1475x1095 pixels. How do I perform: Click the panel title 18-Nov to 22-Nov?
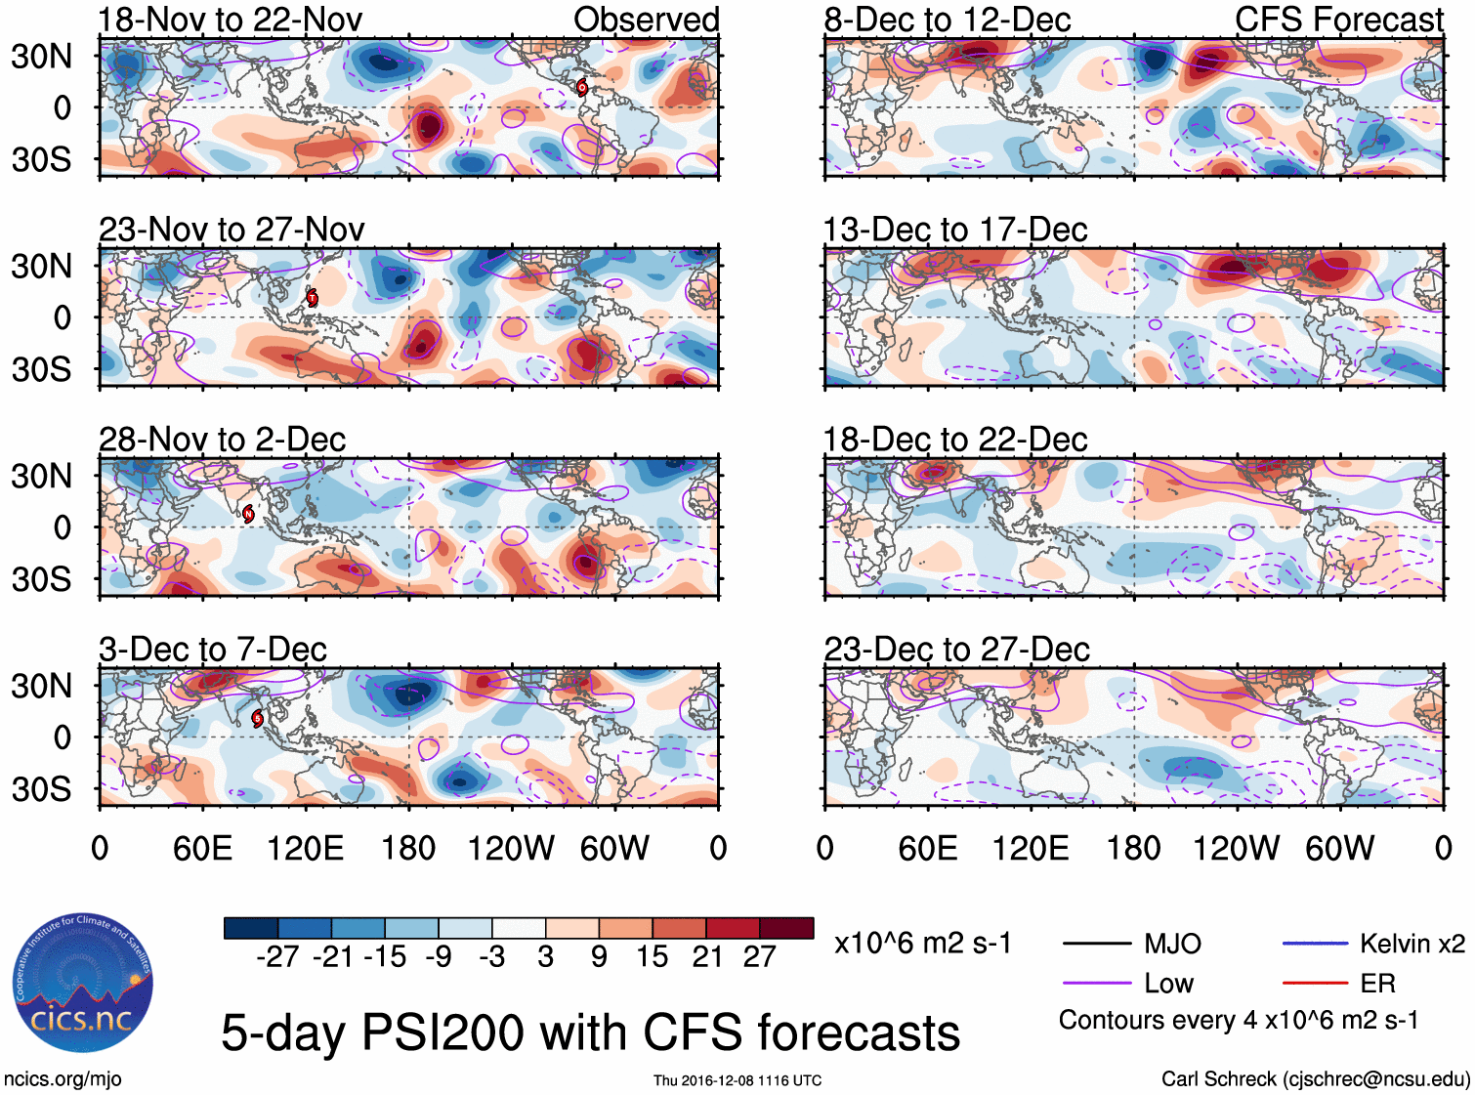click(x=231, y=20)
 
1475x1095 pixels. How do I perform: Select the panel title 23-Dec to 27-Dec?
click(x=956, y=650)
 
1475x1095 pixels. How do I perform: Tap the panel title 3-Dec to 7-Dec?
click(x=213, y=650)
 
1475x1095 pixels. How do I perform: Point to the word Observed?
click(x=646, y=20)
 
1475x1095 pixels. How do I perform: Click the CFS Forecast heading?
click(x=1338, y=20)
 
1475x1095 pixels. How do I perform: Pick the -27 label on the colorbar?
click(x=277, y=956)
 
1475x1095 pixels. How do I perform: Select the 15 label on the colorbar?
click(x=652, y=956)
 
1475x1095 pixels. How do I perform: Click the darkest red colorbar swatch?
click(x=786, y=928)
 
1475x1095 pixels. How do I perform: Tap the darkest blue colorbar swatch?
click(x=251, y=928)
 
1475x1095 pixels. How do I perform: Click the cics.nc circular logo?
click(x=82, y=984)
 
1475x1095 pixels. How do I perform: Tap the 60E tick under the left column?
click(x=202, y=848)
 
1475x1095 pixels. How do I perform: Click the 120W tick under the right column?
click(x=1236, y=848)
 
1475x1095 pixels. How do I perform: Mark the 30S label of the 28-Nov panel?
click(x=41, y=579)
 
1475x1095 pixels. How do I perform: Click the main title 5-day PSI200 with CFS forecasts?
click(x=590, y=1032)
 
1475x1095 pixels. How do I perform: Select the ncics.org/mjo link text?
click(x=63, y=1079)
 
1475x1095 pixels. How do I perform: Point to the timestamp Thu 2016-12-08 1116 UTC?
click(x=737, y=1080)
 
